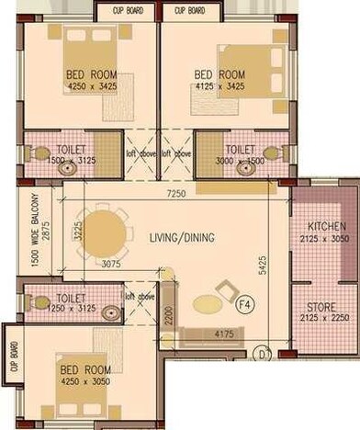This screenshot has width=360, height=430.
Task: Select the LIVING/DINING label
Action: point(182,238)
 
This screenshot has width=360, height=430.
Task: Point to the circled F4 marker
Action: point(244,303)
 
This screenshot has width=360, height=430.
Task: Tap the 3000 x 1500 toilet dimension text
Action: point(240,160)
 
